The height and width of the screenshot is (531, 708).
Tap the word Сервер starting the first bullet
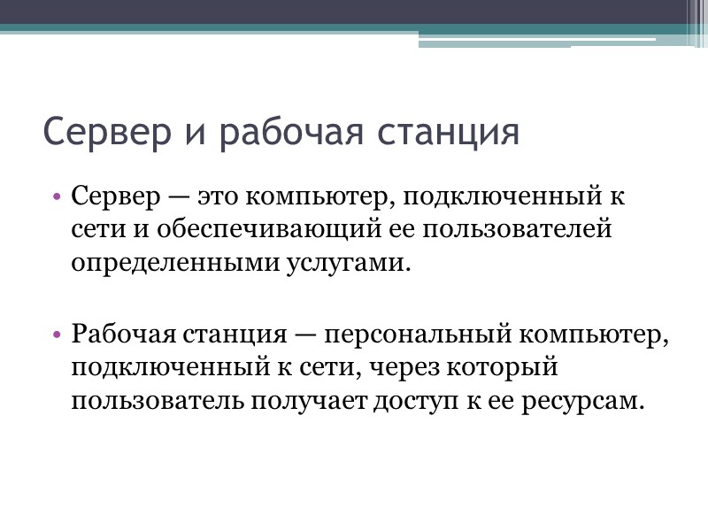tap(110, 196)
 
